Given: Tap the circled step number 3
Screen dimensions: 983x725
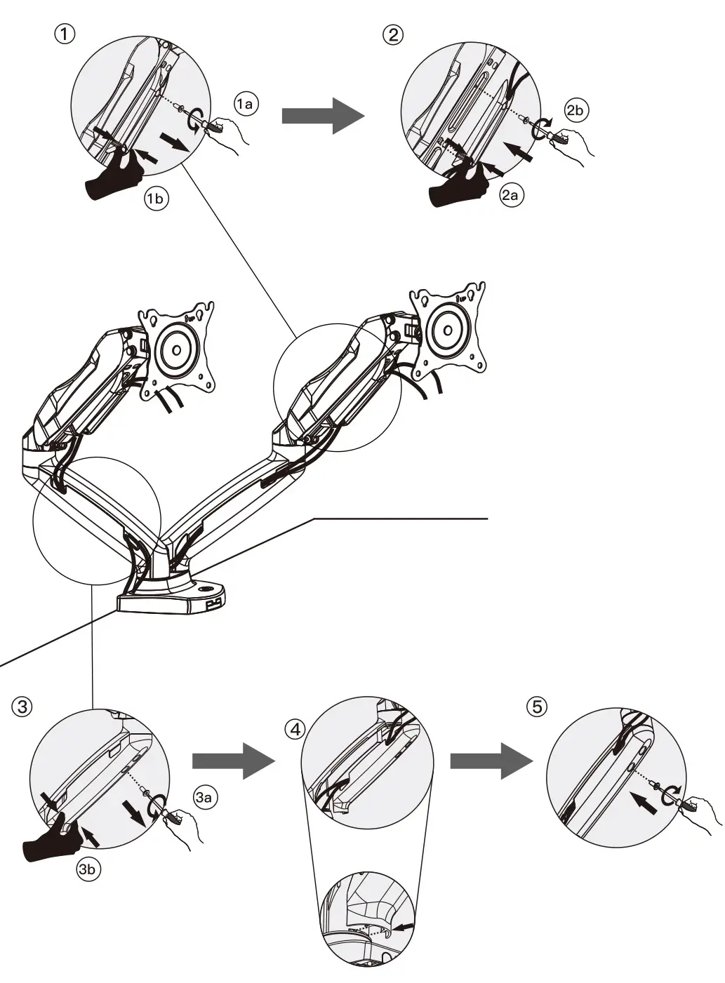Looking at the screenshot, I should (x=22, y=706).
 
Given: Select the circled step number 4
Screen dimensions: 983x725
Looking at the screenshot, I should (x=295, y=728).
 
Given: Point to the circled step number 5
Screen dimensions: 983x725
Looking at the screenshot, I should (x=537, y=706).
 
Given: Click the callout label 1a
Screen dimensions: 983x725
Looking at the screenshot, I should (x=246, y=105).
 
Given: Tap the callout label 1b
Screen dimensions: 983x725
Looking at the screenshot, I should (x=156, y=199).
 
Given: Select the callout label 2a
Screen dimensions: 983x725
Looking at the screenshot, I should (x=510, y=195).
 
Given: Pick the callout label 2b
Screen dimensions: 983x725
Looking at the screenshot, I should (x=576, y=110).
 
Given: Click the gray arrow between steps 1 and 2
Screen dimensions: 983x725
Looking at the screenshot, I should (x=323, y=115).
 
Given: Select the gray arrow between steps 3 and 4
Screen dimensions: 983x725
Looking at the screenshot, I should (x=232, y=761).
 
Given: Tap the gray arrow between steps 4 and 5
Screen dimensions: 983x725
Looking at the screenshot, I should (x=490, y=761).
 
